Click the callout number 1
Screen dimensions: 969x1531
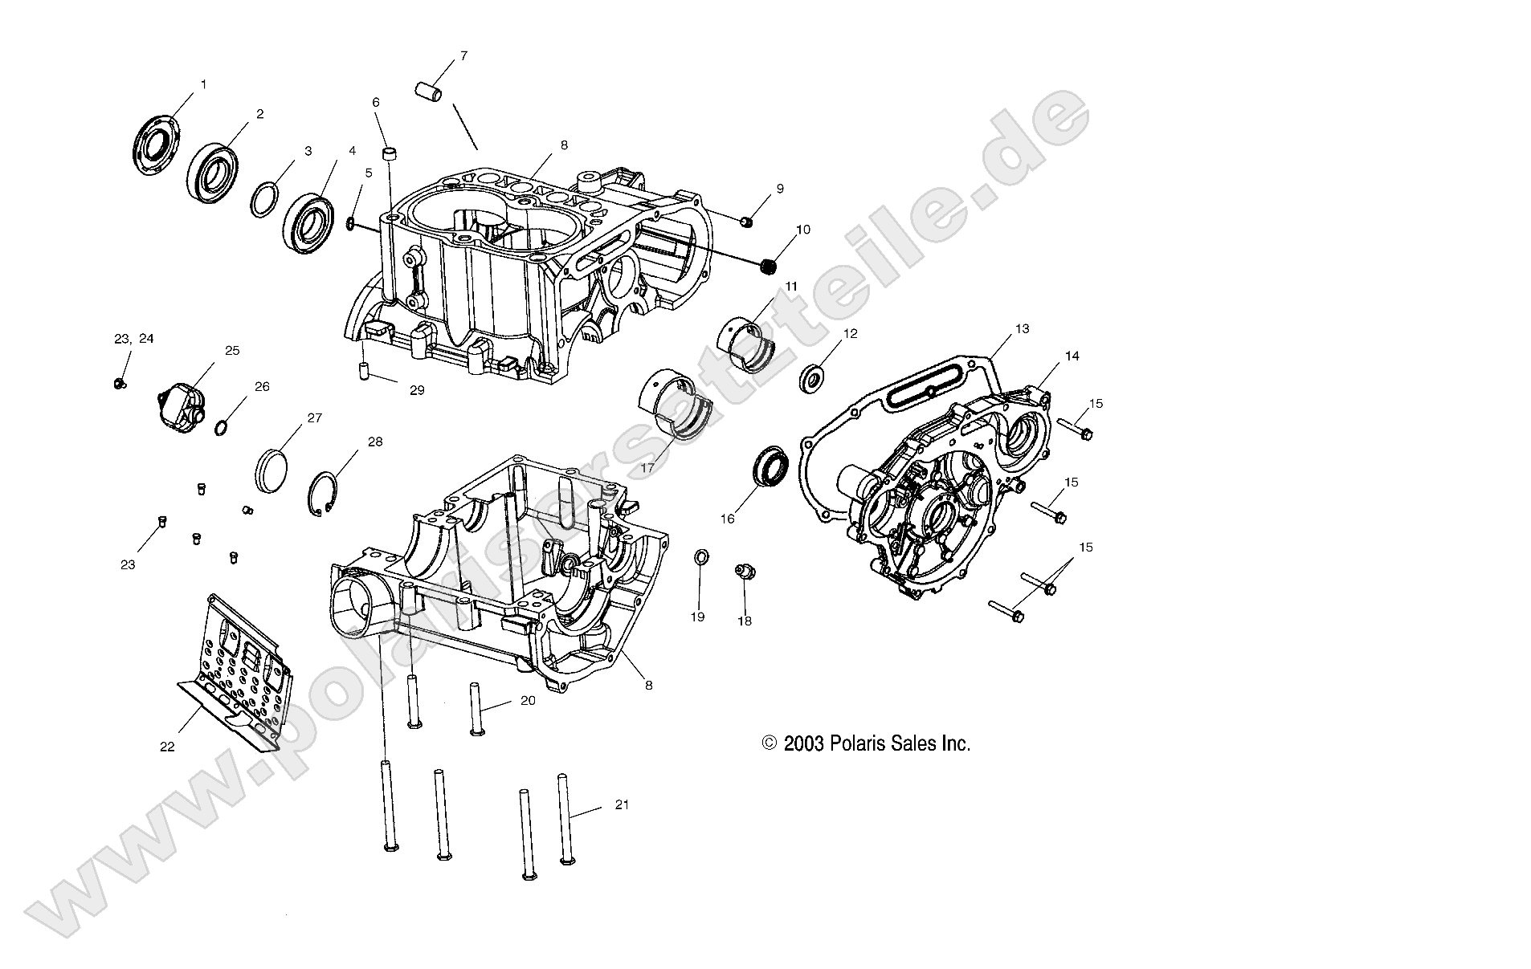coord(203,84)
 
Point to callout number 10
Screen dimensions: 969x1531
coord(802,230)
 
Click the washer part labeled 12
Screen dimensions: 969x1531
coord(813,377)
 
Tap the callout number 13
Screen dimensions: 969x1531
coord(1021,329)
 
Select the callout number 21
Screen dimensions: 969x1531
coord(622,804)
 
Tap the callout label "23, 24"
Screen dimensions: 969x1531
coord(133,339)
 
